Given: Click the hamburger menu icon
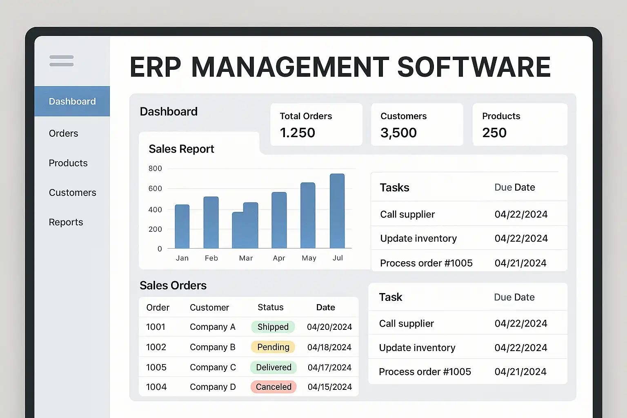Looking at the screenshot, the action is (62, 61).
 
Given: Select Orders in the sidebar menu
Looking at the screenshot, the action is (64, 133).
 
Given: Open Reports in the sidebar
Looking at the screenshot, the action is (66, 222).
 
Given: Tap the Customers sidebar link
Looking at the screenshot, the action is (73, 193).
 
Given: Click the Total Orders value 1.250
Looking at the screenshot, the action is (298, 132).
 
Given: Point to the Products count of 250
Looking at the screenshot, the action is (494, 132).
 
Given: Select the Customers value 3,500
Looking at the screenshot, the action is (398, 133).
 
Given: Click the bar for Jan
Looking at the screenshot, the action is (182, 227).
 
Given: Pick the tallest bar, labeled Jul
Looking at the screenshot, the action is (337, 211).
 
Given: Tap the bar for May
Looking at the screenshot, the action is (308, 215).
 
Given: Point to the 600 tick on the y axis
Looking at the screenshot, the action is (155, 189).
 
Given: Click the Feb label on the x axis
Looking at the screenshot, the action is (211, 258).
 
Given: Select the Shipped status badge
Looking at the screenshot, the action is (273, 327).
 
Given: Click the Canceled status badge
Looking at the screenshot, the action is (273, 387).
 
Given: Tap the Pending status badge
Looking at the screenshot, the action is (273, 347).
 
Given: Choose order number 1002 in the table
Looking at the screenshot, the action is (156, 347).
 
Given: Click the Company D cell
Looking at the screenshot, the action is (213, 387).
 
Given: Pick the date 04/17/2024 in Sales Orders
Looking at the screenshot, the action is (329, 367).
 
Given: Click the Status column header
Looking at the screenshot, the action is (270, 307).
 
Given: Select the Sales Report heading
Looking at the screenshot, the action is (181, 149).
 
